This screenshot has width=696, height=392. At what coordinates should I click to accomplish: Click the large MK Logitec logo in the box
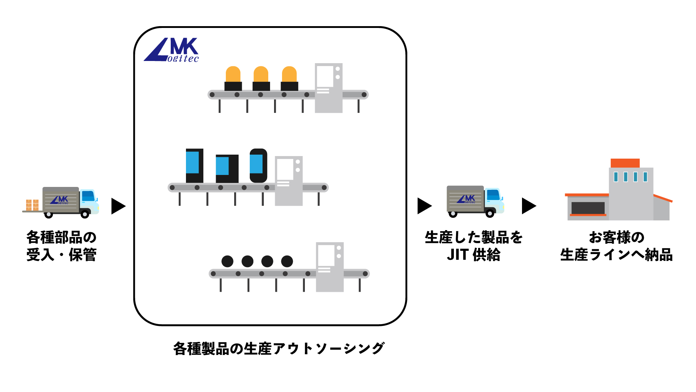[x=171, y=50]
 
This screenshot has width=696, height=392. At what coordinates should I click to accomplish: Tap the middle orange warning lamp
[x=261, y=78]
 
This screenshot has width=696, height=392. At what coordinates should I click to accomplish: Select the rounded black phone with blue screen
[x=258, y=166]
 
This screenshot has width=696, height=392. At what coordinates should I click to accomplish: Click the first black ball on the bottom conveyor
[x=227, y=261]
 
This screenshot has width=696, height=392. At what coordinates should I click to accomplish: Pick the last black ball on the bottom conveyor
[x=287, y=261]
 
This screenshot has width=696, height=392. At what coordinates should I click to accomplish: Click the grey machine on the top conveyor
[x=328, y=88]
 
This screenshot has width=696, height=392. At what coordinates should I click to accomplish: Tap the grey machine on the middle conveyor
[x=289, y=181]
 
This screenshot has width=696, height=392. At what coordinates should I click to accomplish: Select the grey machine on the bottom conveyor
[x=330, y=267]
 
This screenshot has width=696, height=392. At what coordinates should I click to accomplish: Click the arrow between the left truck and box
[x=118, y=206]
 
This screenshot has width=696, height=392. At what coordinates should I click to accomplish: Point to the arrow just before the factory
[x=529, y=206]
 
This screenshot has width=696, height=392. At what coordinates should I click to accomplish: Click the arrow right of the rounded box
[x=424, y=206]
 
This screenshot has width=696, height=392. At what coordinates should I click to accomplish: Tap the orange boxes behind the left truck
[x=32, y=205]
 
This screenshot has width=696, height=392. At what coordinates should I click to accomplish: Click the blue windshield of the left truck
[x=88, y=196]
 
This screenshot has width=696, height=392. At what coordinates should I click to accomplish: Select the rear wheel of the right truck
[x=453, y=213]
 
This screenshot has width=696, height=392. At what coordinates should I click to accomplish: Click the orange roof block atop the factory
[x=625, y=163]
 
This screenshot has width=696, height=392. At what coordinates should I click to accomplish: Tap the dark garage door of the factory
[x=588, y=208]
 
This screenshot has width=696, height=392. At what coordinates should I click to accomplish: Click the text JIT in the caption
[x=458, y=254]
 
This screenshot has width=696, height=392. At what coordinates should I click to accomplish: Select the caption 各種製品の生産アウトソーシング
[x=279, y=348]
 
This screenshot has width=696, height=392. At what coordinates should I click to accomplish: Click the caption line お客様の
[x=617, y=237]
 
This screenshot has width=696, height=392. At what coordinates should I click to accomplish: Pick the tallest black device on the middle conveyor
[x=194, y=166]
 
